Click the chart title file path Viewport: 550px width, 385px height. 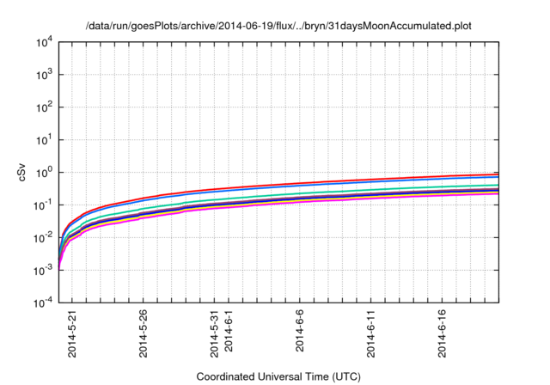coord(278,26)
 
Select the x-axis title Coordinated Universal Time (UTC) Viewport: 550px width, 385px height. coord(278,376)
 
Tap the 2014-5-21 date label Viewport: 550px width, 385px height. coord(71,337)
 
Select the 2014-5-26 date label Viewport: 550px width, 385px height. coord(143,337)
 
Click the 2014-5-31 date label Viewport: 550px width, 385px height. coord(214,337)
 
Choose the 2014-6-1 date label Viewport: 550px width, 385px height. coord(229,335)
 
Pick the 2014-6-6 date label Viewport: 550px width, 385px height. coord(300,335)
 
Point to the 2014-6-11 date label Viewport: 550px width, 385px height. coord(371,337)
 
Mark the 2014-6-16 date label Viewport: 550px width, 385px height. coord(443,337)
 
